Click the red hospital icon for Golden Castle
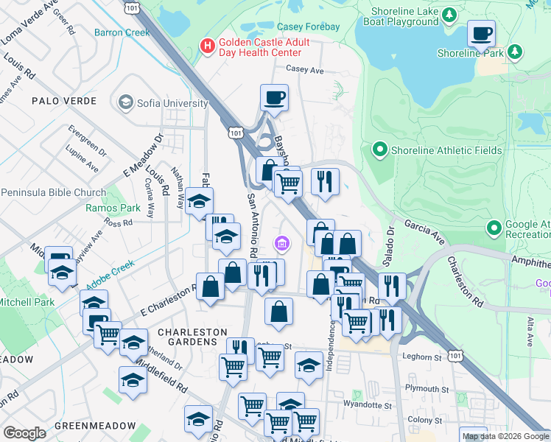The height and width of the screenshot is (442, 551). [208, 46]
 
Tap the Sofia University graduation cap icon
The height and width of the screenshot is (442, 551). [125, 102]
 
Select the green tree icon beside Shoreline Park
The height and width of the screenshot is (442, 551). [516, 52]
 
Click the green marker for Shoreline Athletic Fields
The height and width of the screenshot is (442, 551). [380, 150]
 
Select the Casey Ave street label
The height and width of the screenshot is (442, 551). [305, 70]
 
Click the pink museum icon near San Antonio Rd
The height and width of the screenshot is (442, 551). [281, 243]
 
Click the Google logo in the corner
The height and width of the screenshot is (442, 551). [24, 433]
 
